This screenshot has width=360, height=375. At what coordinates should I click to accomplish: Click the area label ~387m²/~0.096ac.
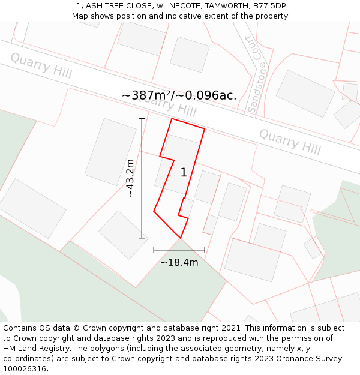179,95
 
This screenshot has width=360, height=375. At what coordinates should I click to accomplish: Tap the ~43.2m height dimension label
130,178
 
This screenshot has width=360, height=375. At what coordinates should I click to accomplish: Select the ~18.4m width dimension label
179,262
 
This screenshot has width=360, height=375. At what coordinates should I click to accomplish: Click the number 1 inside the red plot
184,173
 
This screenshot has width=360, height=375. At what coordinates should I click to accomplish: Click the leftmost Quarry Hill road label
41,65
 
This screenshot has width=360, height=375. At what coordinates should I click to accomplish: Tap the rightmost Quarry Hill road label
290,141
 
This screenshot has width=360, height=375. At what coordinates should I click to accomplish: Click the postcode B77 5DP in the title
269,6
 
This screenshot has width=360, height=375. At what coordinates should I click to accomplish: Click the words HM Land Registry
32,349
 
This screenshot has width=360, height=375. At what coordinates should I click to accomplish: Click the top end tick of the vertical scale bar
142,119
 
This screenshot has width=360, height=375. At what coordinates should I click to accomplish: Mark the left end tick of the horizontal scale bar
154,250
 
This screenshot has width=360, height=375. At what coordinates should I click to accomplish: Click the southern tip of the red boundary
181,238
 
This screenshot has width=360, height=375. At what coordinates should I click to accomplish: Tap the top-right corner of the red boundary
205,128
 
